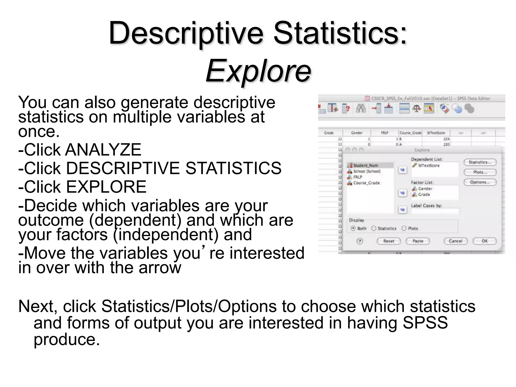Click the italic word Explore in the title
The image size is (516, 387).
tap(258, 71)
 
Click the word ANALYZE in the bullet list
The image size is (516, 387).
tap(103, 150)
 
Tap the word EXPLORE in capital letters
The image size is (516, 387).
tap(106, 187)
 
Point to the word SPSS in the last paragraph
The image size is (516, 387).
tap(425, 323)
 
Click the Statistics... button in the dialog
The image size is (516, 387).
tap(480, 162)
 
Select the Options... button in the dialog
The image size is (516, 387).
tap(480, 182)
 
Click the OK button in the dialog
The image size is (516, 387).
tap(485, 241)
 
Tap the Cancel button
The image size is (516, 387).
tap(456, 241)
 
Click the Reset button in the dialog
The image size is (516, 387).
tap(389, 241)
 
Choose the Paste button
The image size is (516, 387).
tap(418, 241)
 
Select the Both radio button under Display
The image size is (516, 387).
tap(353, 228)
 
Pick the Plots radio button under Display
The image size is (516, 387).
tap(404, 228)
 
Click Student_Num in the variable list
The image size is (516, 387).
tap(365, 166)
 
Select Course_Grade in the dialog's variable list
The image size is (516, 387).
tap(366, 183)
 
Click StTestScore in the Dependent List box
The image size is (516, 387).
tap(429, 166)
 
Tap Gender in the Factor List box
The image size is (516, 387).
tap(425, 189)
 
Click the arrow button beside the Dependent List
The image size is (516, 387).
tap(403, 170)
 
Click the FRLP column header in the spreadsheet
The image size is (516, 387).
tap(384, 133)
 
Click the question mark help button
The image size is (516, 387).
tap(360, 241)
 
